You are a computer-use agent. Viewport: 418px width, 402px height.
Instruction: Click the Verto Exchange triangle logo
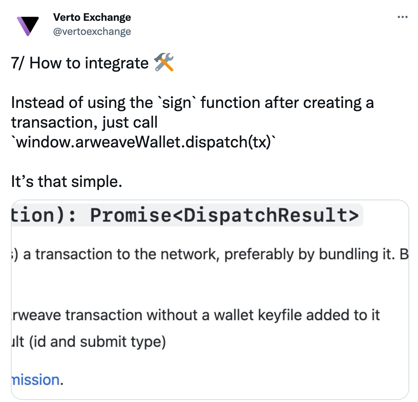pos(28,25)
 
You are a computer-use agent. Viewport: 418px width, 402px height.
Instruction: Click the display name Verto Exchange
pos(92,17)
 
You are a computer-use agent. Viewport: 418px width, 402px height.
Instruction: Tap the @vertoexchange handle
pos(92,31)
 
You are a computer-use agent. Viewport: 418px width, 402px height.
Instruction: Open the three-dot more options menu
pos(402,17)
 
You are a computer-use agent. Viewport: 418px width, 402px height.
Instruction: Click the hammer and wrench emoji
pos(164,62)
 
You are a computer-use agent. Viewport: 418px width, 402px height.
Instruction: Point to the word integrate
pos(116,63)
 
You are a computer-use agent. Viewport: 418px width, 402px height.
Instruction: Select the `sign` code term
pos(177,103)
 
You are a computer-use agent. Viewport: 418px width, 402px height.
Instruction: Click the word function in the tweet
pos(230,103)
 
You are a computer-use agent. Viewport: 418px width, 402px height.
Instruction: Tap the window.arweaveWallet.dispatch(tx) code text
pos(144,142)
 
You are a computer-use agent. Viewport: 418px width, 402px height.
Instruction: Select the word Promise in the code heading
pos(130,215)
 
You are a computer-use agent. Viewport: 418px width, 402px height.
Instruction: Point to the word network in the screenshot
pos(188,254)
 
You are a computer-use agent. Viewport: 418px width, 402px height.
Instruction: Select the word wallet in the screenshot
pos(234,315)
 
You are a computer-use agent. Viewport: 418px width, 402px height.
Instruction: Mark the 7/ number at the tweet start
pos(17,63)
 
